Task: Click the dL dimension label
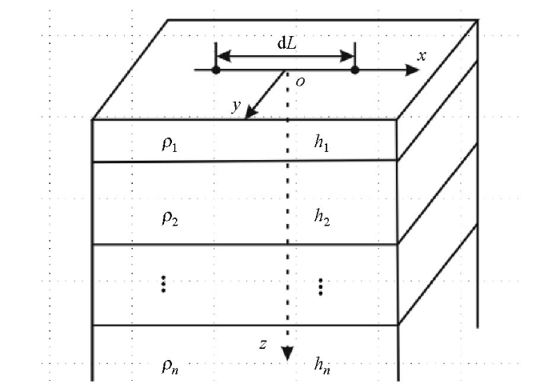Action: click(x=286, y=43)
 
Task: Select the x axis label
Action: click(x=422, y=56)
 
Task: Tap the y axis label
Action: click(x=236, y=106)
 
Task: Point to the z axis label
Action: click(x=263, y=344)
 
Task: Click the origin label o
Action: click(x=300, y=82)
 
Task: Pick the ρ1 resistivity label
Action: click(x=170, y=144)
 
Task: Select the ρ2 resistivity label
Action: click(x=170, y=218)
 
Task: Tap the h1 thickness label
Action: click(x=322, y=143)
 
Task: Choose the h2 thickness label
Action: click(x=322, y=217)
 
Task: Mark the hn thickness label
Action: click(x=322, y=366)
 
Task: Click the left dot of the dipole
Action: click(x=216, y=70)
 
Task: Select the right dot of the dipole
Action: click(x=354, y=70)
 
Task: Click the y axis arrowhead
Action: click(x=250, y=113)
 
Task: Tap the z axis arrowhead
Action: click(x=287, y=354)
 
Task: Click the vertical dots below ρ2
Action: click(x=163, y=284)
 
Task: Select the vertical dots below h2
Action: click(x=320, y=286)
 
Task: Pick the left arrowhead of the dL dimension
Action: click(x=223, y=56)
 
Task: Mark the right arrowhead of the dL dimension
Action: click(x=347, y=56)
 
